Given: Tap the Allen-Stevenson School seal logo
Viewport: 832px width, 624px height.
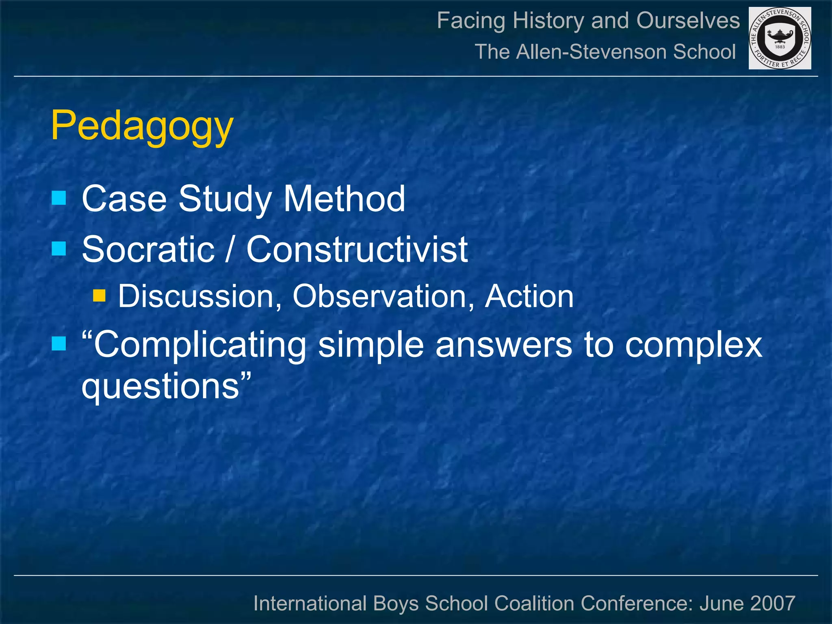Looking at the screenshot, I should [780, 38].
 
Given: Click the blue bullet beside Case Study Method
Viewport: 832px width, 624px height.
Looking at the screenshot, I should [59, 198].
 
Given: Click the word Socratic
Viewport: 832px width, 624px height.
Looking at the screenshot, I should [148, 249].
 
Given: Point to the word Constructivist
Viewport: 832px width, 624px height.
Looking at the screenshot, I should [357, 249].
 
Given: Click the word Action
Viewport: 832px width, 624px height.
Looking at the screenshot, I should [529, 296].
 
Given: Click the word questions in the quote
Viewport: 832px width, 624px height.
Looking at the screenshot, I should [160, 386].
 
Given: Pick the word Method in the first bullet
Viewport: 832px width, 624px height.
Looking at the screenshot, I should [344, 199].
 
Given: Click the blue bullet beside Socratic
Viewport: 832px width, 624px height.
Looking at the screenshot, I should [59, 248].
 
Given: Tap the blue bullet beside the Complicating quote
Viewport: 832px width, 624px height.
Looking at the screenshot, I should [59, 344].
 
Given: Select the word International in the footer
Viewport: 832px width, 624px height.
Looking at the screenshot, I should [310, 603].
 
